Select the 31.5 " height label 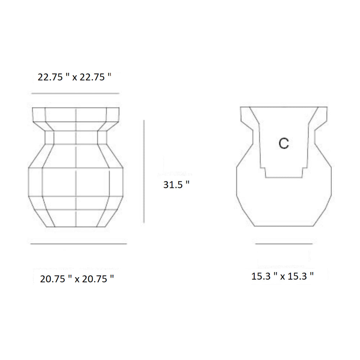click(x=176, y=185)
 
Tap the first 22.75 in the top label click(x=50, y=77)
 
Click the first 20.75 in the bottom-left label click(x=53, y=279)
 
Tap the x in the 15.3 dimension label click(x=283, y=276)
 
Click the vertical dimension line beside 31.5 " click(x=144, y=171)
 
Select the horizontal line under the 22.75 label click(x=75, y=94)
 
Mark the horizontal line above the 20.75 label click(x=78, y=244)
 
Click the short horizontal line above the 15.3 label click(x=284, y=244)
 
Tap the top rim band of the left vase click(x=76, y=114)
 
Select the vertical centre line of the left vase click(x=76, y=180)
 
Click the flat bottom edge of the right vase click(x=284, y=226)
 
